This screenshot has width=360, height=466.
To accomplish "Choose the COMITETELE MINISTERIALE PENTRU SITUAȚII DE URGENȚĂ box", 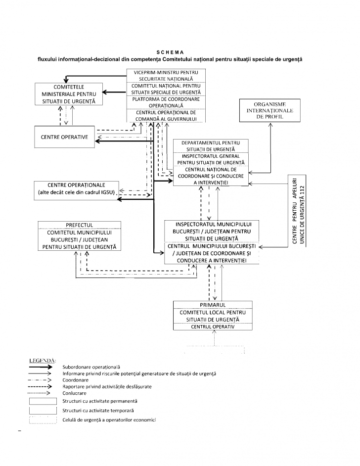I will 65,94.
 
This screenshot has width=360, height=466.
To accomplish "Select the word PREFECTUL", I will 79,225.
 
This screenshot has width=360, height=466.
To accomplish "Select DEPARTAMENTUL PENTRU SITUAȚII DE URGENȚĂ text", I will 211,146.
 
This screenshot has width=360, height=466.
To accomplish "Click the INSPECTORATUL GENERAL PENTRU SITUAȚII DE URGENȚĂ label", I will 211,158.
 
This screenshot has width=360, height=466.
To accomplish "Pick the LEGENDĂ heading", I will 43,360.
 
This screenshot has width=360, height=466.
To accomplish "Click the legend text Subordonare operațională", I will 91,367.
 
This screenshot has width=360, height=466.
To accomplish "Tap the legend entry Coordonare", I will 76,380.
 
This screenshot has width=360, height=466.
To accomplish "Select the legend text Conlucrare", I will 75,393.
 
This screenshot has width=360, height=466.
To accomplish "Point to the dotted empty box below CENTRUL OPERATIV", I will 214,350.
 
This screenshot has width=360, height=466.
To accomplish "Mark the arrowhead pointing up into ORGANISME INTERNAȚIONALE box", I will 270,125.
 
